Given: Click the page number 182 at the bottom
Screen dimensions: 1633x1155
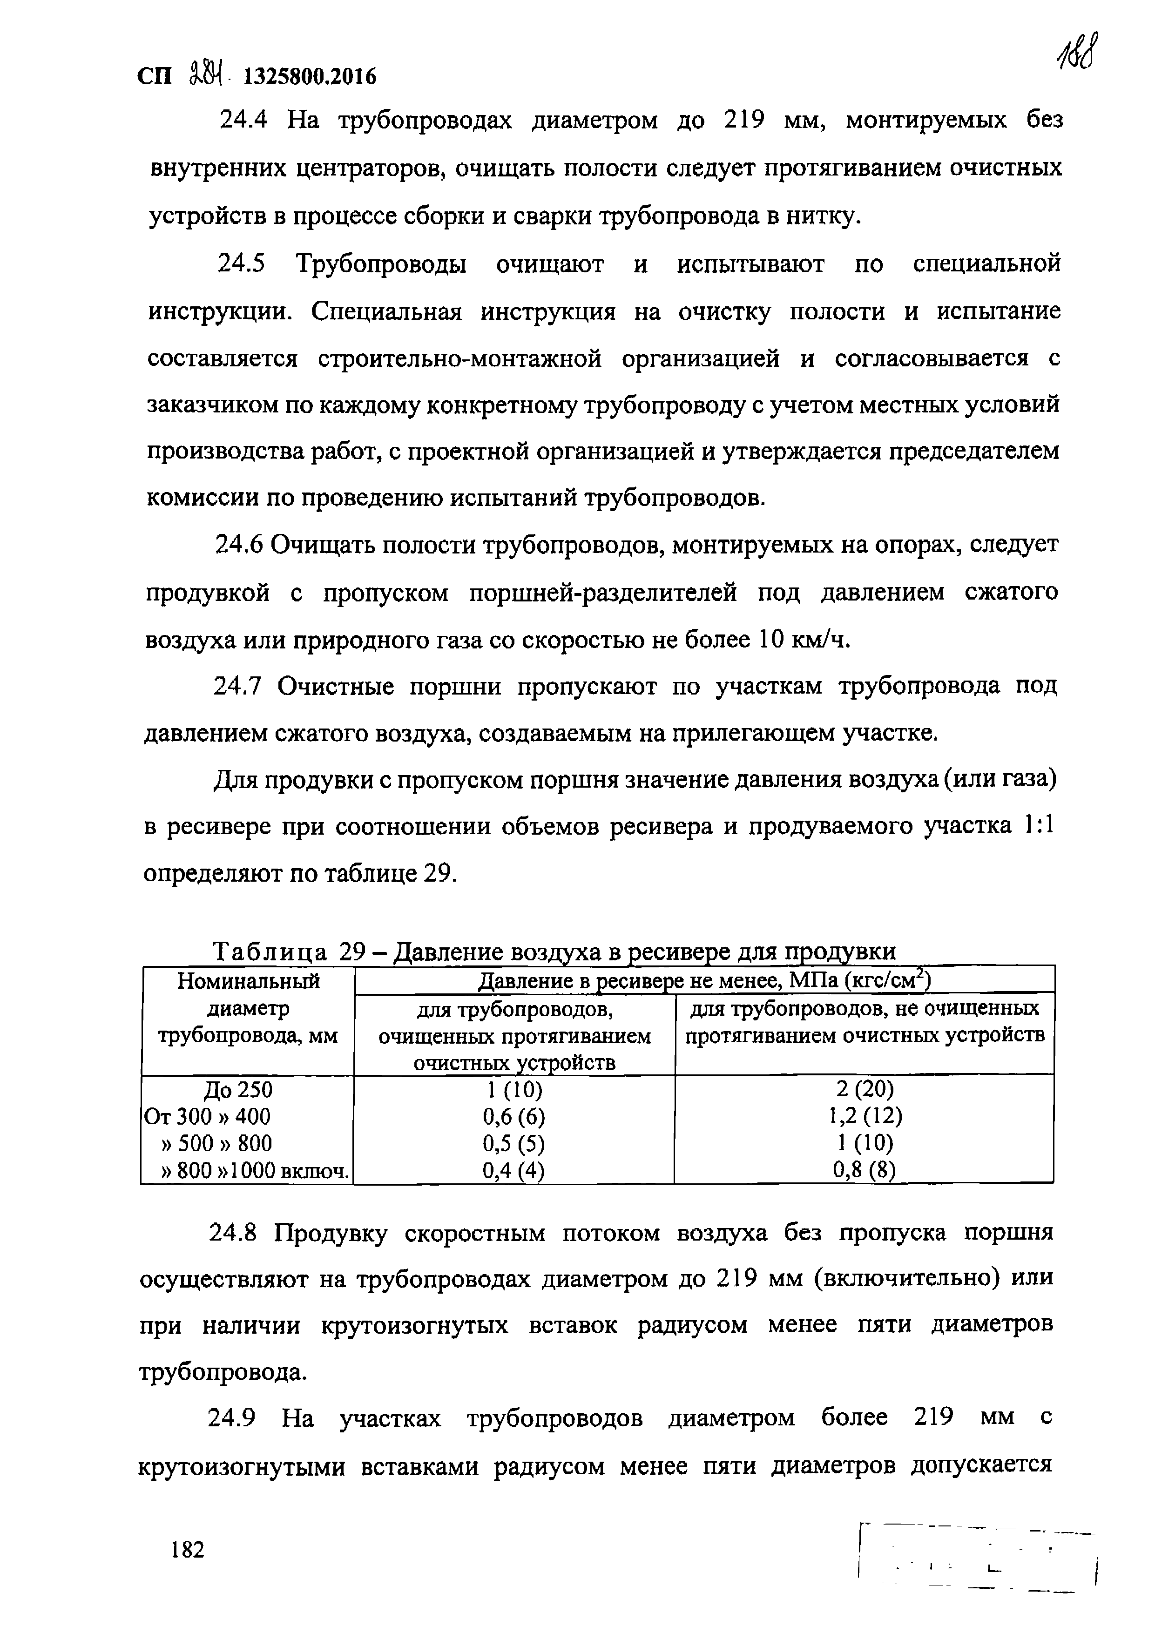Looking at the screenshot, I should coord(188,1548).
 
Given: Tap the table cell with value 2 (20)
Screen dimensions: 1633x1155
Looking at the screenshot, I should coord(865,1090).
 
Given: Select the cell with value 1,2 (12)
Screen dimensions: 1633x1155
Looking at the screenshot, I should coord(865,1117).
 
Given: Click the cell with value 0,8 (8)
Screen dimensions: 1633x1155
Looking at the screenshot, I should coord(865,1170).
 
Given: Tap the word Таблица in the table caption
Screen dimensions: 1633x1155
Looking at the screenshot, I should coord(270,951).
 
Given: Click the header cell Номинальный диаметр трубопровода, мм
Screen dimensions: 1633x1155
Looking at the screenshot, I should coord(248,1009).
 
